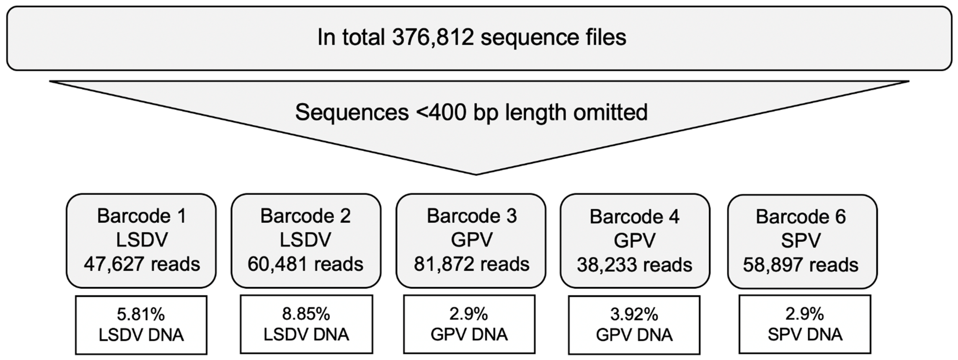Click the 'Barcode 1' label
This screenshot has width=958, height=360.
[x=141, y=216]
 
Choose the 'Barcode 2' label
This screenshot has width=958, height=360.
[x=305, y=216]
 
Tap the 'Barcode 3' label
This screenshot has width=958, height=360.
[x=471, y=216]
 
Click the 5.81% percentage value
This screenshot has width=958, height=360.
[x=141, y=315]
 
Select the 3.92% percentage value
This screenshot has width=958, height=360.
[x=634, y=315]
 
